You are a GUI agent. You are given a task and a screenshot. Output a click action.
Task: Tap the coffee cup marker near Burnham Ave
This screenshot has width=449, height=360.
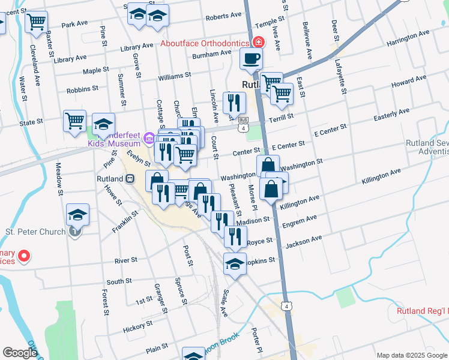coord(251,59)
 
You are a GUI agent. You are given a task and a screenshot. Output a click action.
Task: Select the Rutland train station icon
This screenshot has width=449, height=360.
coord(130,178)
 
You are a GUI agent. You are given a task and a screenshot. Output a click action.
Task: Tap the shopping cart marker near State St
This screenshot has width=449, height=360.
coord(74,121)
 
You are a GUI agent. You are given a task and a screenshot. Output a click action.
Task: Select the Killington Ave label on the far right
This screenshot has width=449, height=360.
coord(381,175)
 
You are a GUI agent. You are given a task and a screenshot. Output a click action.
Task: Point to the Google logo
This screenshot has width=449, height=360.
coord(20,353)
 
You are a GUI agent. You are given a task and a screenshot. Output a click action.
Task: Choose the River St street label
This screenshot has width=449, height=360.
coord(126,260)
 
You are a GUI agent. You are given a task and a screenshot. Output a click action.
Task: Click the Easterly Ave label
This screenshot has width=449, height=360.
coord(391,114)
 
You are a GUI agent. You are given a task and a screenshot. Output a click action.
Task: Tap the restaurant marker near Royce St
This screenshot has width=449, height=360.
coord(235,235)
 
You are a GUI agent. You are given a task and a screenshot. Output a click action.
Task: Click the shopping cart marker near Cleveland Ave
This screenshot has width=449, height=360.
coord(36,22)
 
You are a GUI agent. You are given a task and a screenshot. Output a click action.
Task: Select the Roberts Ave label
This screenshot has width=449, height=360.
coord(223,17)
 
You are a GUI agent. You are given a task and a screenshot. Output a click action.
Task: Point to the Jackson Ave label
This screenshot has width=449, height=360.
coord(304,242)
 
